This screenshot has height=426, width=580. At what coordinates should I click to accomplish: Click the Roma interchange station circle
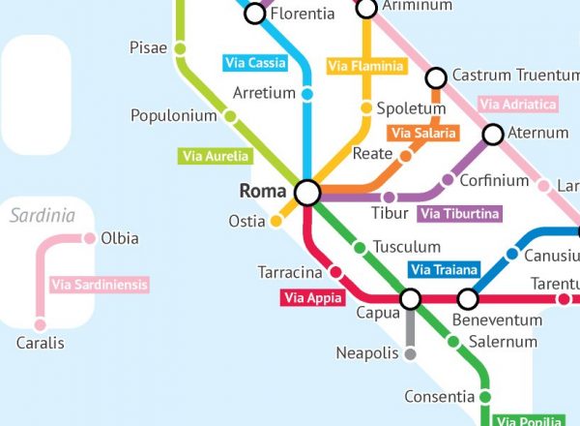click(x=307, y=193)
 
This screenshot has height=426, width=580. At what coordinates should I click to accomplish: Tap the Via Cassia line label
click(x=255, y=64)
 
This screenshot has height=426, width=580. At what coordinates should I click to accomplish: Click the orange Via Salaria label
click(x=421, y=133)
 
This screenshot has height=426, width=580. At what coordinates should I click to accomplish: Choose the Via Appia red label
click(x=312, y=298)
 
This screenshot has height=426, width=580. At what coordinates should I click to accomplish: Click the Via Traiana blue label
click(x=444, y=270)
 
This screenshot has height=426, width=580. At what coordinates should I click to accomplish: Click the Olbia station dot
click(x=89, y=238)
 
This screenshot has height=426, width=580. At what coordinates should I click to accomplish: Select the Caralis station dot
click(x=40, y=324)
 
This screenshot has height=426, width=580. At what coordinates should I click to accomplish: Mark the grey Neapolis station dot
click(x=410, y=354)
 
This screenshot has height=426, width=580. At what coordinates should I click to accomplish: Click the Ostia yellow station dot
click(x=275, y=221)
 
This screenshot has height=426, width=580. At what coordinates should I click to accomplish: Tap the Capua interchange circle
click(x=410, y=298)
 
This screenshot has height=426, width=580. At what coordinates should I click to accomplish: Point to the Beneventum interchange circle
click(x=468, y=298)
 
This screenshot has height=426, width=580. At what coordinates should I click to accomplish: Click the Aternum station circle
click(x=493, y=135)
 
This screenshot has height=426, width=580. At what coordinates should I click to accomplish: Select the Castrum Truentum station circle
click(x=436, y=76)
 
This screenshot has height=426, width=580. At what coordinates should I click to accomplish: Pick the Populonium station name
click(x=173, y=116)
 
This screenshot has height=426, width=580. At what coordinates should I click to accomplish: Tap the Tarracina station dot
click(x=336, y=271)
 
